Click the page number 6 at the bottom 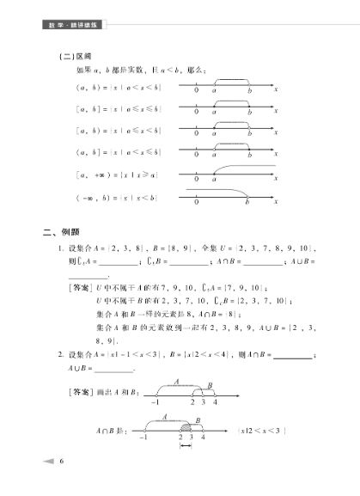[62, 462]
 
